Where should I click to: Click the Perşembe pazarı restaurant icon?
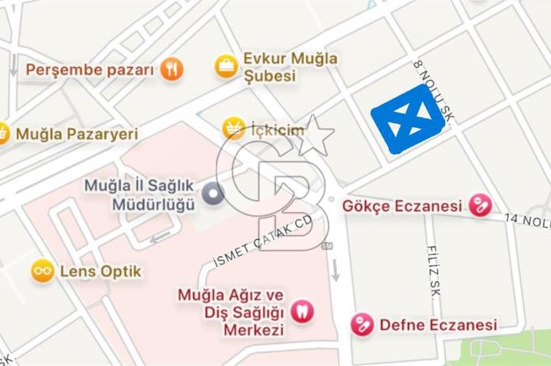coord(172,69)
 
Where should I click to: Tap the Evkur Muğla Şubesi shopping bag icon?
coord(226,66)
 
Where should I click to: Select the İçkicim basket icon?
coord(234,128)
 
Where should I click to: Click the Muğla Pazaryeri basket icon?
coord(3,133)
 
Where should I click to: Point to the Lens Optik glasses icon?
coord(42,271)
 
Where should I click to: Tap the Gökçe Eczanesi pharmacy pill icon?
coord(480,205)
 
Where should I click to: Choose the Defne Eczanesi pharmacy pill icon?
coord(363,324)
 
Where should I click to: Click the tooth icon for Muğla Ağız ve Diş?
coord(302,311)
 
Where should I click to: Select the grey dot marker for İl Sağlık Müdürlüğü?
coord(212,193)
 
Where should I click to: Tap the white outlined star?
coord(314,136)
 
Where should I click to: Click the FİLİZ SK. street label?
coord(434,271)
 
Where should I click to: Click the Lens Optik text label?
coord(101,271)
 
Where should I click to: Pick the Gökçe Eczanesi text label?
coord(402,206)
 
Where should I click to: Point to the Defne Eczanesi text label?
coord(438,325)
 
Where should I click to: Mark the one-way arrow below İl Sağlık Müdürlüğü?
coord(160,238)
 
